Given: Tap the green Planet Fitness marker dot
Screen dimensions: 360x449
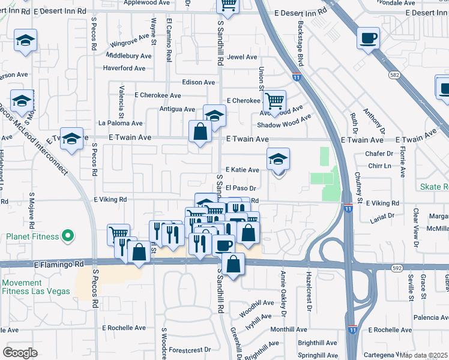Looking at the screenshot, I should click(68, 236).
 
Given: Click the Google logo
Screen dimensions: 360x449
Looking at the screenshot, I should click(20, 352).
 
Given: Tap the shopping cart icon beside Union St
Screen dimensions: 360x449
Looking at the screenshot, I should click(274, 101).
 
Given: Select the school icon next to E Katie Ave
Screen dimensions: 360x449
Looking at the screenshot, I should click(278, 160).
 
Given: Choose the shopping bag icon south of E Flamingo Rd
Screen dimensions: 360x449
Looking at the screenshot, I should click(233, 263).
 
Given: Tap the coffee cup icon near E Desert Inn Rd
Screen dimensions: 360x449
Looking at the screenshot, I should click(369, 38).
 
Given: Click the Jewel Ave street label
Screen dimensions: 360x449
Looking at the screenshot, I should click(242, 57).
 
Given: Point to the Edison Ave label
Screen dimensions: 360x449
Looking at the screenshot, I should click(199, 82).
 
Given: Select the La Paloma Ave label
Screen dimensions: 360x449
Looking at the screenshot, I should click(121, 123).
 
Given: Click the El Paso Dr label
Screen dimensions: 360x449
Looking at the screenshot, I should click(241, 188).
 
